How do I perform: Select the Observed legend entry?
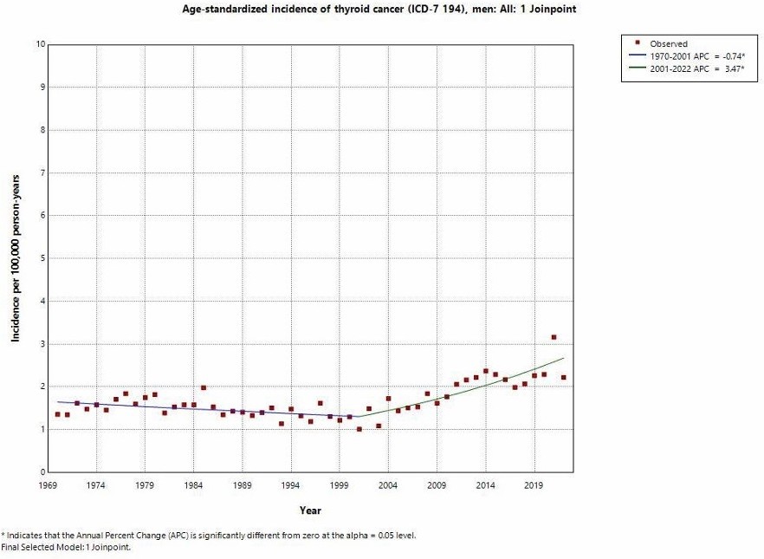pyautogui.click(x=669, y=43)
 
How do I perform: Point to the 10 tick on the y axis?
pyautogui.click(x=38, y=44)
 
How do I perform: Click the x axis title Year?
pyautogui.click(x=310, y=510)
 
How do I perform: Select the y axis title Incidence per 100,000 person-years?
pyautogui.click(x=16, y=258)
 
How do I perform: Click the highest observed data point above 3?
pyautogui.click(x=554, y=337)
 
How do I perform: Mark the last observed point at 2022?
pyautogui.click(x=564, y=378)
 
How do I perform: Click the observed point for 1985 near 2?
pyautogui.click(x=204, y=387)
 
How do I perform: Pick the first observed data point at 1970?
pyautogui.click(x=57, y=414)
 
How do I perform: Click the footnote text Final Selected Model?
pyautogui.click(x=68, y=547)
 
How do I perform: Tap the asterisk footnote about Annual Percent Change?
pyautogui.click(x=208, y=535)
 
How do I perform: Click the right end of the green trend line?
pyautogui.click(x=564, y=358)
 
